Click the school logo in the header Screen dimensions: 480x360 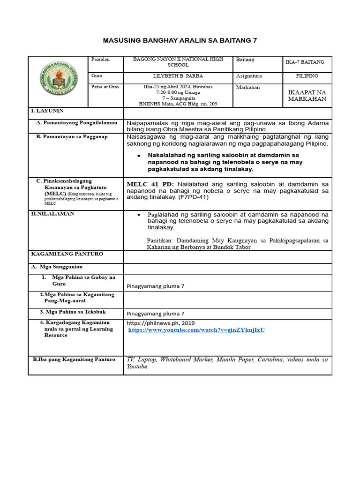pos(59,81)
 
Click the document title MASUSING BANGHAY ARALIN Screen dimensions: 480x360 pos(180,41)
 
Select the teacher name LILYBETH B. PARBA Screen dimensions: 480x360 pos(178,75)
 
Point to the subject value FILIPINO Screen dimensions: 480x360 pos(307,75)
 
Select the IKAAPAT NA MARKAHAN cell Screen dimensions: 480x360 pos(307,96)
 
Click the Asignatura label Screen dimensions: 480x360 pos(249,76)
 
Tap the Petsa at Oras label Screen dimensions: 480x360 pos(105,87)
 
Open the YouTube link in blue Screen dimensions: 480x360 pos(196,330)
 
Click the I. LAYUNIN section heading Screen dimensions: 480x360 pos(47,111)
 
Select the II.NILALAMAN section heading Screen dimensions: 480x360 pos(52,214)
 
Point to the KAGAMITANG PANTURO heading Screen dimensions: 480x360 pos(67,254)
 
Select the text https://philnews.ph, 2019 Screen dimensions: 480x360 pos(160,323)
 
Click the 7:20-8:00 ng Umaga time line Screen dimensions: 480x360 pos(178,92)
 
